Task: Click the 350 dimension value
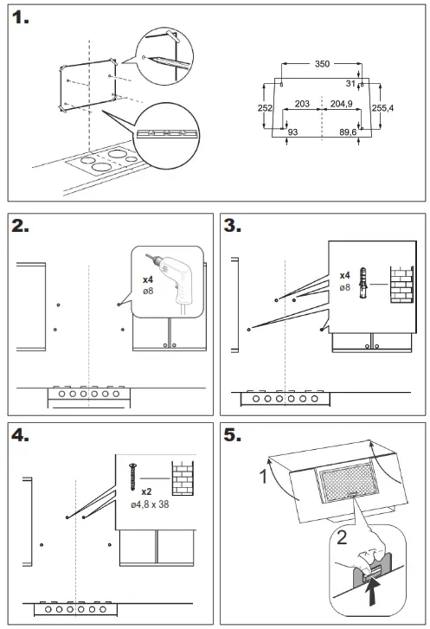[x=322, y=64]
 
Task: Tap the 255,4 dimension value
[x=382, y=108]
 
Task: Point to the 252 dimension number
[x=265, y=108]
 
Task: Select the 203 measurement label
[x=302, y=104]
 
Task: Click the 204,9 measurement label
[x=342, y=104]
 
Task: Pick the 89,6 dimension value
[x=348, y=132]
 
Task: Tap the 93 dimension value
[x=292, y=132]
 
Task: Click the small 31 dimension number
[x=350, y=83]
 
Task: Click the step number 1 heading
[x=20, y=17]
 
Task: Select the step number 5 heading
[x=233, y=435]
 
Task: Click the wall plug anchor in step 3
[x=363, y=283]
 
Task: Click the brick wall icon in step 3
[x=402, y=284]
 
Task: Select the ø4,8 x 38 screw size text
[x=150, y=504]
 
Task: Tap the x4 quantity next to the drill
[x=148, y=279]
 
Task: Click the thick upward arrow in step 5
[x=374, y=591]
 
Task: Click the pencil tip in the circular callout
[x=149, y=58]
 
